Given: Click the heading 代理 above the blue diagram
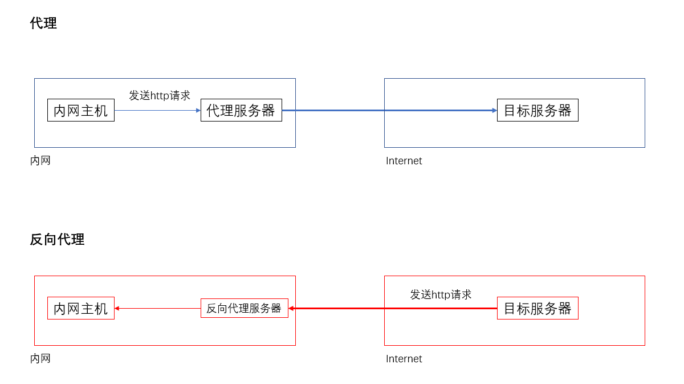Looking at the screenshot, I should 43,23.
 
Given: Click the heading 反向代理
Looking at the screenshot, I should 57,240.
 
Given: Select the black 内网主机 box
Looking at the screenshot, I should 81,110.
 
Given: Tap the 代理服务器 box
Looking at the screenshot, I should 241,110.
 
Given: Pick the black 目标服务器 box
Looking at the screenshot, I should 538,110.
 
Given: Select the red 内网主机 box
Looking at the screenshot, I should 81,308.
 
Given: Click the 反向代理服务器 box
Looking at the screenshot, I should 244,308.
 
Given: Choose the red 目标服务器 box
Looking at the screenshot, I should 538,308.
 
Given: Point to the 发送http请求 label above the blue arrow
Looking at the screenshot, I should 160,95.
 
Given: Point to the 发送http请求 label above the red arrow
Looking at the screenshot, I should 441,294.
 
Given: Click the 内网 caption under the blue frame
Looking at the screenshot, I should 40,160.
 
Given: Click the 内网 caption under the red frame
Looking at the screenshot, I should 40,358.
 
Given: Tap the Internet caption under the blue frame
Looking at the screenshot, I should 404,161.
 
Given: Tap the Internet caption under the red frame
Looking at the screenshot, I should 404,359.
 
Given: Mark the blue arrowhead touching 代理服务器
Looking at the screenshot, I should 198,110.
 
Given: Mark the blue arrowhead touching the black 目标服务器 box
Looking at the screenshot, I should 494,110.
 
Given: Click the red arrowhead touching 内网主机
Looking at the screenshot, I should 117,308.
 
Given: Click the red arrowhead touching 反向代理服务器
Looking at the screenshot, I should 291,308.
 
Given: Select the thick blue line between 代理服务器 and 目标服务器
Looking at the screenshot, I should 388,110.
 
